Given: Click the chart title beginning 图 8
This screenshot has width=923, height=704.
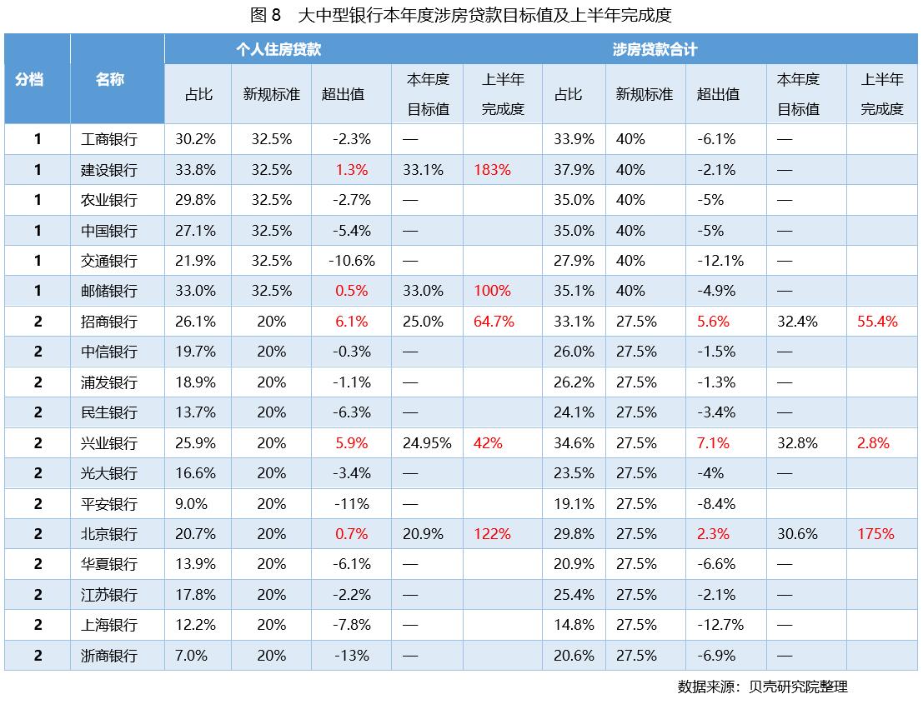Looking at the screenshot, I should coord(460,15).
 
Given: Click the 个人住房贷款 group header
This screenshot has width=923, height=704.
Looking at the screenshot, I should coord(278,49).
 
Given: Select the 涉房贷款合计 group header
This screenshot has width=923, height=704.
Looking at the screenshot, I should coord(655,49).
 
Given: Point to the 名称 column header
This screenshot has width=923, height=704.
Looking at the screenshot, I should coord(109,79).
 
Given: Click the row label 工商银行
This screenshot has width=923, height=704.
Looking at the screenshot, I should coord(109,139).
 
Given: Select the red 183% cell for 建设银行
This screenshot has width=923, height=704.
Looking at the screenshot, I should coord(492,170).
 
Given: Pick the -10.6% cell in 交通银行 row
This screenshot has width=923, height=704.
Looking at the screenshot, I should coord(352,261).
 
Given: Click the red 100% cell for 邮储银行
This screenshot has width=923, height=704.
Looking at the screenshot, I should coord(492,291).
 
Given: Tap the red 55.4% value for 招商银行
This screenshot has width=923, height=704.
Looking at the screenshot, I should coord(877,322).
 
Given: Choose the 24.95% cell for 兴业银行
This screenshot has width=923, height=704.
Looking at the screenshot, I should coord(427,443).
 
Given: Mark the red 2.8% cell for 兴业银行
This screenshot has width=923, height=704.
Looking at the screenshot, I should coord(873,443).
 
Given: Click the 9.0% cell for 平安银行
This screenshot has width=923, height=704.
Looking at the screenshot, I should coord(191,504).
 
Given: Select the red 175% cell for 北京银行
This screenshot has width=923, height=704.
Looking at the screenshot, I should coord(875,534).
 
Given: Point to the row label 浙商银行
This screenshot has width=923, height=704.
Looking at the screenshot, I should coord(109,656).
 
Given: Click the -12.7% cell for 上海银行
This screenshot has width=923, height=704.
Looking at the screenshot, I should coord(720,625).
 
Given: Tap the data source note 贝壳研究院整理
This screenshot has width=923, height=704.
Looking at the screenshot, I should coord(762,687).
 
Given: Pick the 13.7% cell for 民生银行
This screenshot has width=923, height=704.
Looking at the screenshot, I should coord(195,412).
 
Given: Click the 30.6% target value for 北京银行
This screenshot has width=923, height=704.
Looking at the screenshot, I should coord(797,534).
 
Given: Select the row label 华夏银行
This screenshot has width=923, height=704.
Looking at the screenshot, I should coord(109,564).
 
